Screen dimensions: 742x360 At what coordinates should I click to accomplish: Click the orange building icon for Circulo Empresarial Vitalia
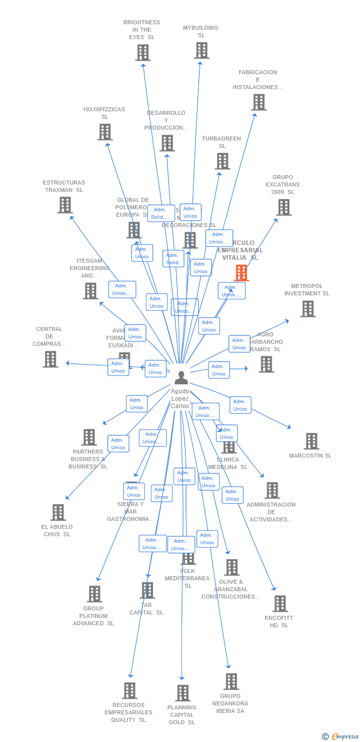[x=241, y=273]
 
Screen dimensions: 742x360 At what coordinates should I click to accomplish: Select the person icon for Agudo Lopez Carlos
[x=181, y=378]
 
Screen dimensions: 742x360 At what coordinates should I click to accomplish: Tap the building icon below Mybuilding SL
[x=201, y=50]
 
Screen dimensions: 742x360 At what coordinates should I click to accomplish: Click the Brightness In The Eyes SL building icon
[x=143, y=52]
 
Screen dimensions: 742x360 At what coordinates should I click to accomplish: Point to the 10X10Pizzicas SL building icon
[x=105, y=132]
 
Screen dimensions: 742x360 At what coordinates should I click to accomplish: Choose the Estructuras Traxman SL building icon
[x=65, y=205]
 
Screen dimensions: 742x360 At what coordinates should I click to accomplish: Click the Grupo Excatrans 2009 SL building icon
[x=284, y=207]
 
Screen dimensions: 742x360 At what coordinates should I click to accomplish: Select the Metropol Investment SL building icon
[x=308, y=309]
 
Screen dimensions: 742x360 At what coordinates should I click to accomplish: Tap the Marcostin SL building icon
[x=312, y=441]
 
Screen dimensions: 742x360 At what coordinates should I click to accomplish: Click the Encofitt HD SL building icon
[x=280, y=603]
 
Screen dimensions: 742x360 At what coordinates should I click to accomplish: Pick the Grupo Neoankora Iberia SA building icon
[x=231, y=681]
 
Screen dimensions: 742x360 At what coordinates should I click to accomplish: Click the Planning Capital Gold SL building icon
[x=182, y=693]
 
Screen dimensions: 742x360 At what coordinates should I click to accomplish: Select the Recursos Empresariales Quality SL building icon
[x=130, y=691]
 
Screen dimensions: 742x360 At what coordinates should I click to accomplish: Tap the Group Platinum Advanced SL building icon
[x=94, y=594]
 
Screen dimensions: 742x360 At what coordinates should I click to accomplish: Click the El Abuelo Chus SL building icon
[x=58, y=512]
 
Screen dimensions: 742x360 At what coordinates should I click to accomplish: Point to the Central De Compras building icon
[x=50, y=359]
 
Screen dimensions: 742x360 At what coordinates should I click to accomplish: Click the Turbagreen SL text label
[x=222, y=142]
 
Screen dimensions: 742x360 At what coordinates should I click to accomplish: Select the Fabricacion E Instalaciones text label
[x=258, y=80]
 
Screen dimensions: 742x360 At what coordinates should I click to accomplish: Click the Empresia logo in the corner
[x=341, y=737]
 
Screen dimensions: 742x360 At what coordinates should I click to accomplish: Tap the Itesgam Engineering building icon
[x=90, y=291]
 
